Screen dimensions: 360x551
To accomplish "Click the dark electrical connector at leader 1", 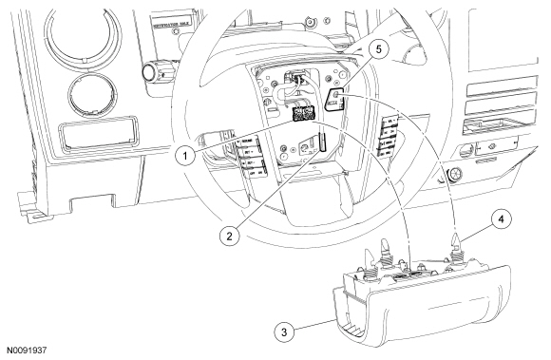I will [305, 115].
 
